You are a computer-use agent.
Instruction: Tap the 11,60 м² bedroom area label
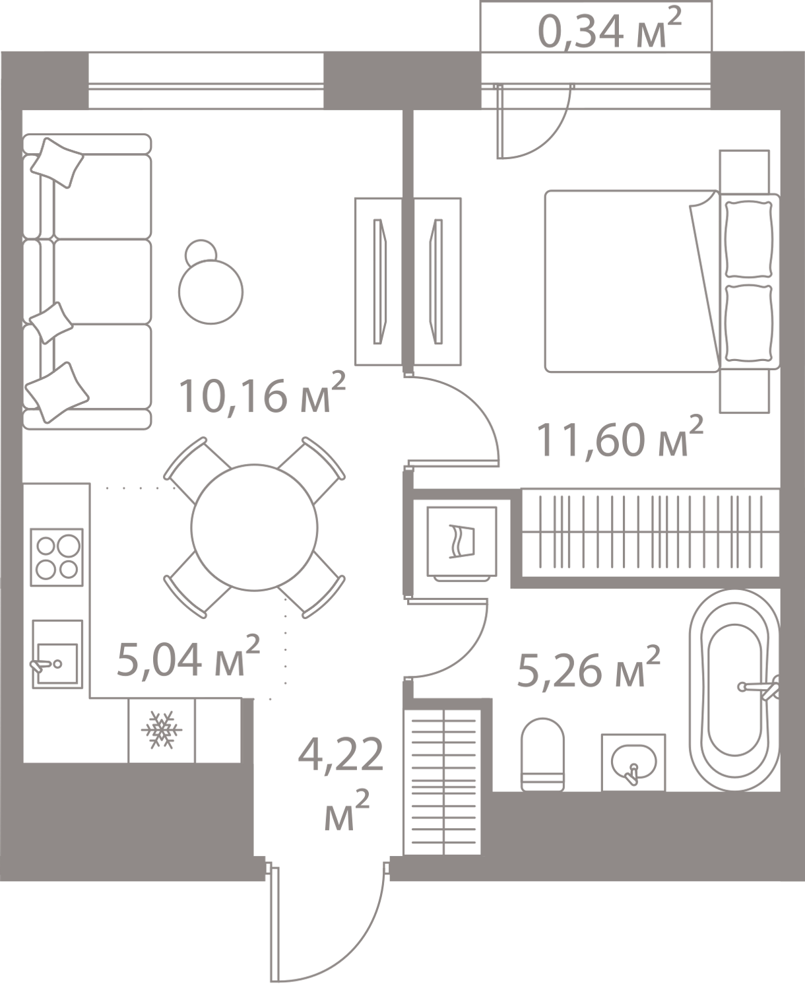tap(620, 438)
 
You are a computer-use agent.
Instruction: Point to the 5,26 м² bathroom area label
tap(588, 667)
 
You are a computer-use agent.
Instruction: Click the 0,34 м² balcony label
tap(610, 29)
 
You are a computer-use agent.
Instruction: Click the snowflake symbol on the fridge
tap(162, 730)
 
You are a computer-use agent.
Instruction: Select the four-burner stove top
tap(57, 557)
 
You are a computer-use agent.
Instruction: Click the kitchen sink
tap(57, 654)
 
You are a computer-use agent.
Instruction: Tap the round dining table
tap(254, 527)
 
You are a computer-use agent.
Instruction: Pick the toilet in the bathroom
tap(542, 755)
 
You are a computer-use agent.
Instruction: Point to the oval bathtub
tap(734, 690)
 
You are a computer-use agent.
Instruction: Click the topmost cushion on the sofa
tap(57, 162)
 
